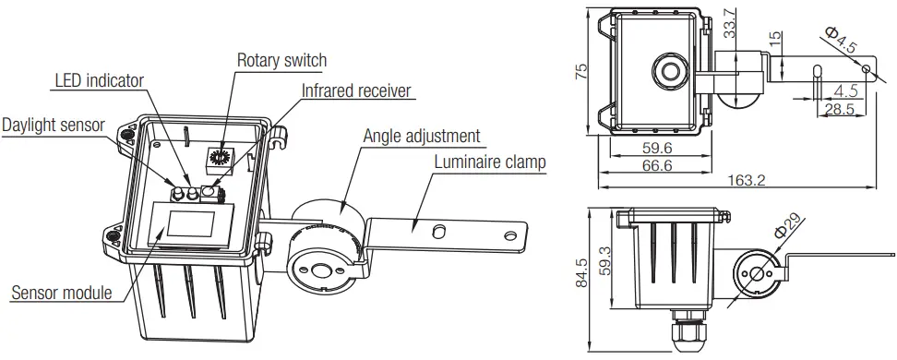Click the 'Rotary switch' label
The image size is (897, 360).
click(x=281, y=61)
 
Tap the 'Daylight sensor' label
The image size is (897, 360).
click(x=53, y=124)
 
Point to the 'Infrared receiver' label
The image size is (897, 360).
click(x=356, y=90)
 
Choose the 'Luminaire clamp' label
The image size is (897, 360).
click(x=490, y=162)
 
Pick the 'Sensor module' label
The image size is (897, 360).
click(x=61, y=294)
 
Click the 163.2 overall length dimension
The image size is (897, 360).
click(x=747, y=180)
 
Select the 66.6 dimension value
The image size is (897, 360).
click(x=657, y=164)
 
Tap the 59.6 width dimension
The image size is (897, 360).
click(x=656, y=147)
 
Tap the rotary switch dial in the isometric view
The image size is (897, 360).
click(x=221, y=158)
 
